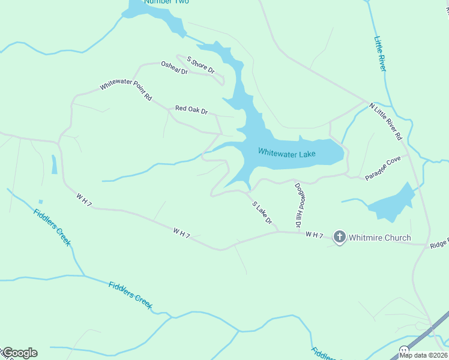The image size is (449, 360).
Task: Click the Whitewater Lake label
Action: coord(286,153)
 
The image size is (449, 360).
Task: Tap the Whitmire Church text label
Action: coord(380,238)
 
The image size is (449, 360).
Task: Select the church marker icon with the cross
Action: coord(339,238)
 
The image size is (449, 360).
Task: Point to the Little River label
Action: coord(380,54)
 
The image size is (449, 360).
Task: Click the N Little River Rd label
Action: coord(385,122)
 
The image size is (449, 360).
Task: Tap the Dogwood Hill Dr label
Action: coord(298,205)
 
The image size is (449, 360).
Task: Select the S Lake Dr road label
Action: coord(262,213)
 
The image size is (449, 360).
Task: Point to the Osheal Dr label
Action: coord(174,68)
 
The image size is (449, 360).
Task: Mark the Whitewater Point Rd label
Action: coord(125,90)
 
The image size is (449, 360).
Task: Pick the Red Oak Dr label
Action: coord(191,110)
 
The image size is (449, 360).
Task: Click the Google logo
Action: coord(20,353)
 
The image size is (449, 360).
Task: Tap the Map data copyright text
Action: coord(423,355)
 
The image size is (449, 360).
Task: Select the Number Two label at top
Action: coord(166,2)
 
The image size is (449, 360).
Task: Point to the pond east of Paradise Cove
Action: coord(390,204)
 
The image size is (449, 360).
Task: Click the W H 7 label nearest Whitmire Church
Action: coord(314,235)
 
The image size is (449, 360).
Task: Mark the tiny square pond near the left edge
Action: coord(40,202)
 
